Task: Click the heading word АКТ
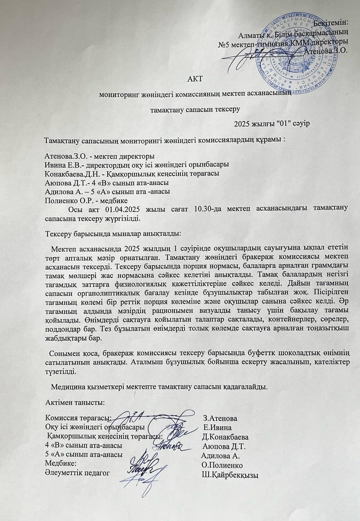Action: point(195,79)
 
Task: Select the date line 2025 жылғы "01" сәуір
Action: point(272,123)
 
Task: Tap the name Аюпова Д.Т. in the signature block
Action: point(224,446)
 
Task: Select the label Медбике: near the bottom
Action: point(60,465)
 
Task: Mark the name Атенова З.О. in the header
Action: point(326,50)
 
